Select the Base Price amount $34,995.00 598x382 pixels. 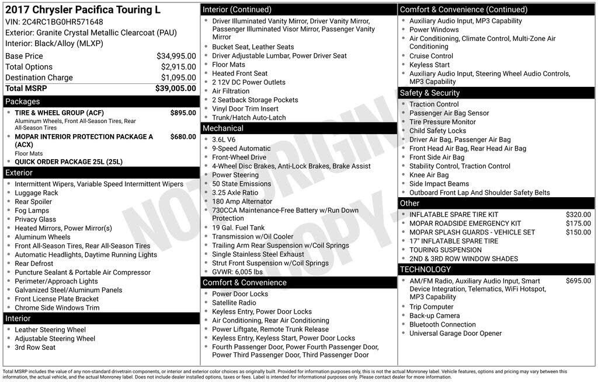176,56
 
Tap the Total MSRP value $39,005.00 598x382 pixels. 175,88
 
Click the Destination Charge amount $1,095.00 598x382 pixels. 178,78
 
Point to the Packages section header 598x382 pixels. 23,101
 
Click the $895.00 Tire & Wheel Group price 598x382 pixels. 183,113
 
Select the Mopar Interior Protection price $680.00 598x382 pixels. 183,136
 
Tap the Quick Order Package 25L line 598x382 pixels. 68,162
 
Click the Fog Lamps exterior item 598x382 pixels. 32,211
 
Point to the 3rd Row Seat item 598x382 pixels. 35,347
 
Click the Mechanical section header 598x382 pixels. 223,128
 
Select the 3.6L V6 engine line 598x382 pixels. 224,139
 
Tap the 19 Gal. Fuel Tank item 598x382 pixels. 238,227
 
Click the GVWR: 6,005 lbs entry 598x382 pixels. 237,272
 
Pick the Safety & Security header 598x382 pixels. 430,93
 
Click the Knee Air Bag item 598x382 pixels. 429,175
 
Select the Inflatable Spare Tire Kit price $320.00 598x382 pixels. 578,215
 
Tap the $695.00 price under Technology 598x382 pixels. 578,281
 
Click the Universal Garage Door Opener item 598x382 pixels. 456,334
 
